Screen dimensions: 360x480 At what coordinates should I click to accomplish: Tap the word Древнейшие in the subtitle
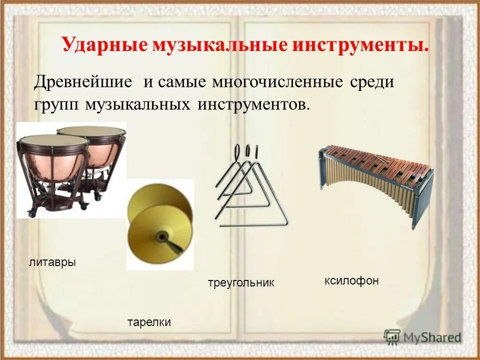pyautogui.click(x=83, y=81)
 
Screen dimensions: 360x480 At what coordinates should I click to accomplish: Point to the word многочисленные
pyautogui.click(x=277, y=81)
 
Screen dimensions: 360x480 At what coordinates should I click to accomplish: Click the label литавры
pyautogui.click(x=52, y=262)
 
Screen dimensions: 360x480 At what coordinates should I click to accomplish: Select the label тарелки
pyautogui.click(x=149, y=322)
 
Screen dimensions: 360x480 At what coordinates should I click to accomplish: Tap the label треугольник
pyautogui.click(x=241, y=283)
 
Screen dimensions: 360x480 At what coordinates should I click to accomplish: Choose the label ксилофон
pyautogui.click(x=351, y=281)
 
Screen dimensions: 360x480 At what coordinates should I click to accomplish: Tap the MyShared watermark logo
pyautogui.click(x=422, y=336)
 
